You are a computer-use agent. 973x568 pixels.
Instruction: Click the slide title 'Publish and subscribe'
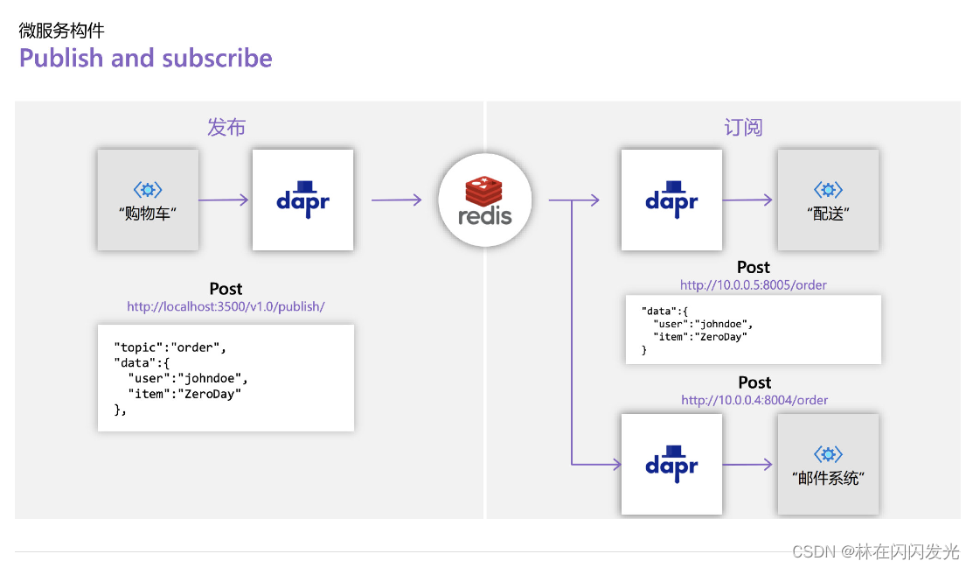pos(145,59)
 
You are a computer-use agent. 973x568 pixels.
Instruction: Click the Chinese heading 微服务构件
pos(62,31)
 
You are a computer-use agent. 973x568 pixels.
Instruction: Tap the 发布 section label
pos(226,128)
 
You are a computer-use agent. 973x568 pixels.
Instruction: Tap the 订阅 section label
pos(743,128)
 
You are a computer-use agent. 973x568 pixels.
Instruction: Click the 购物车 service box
pos(148,200)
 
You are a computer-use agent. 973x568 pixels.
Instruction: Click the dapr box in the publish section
pos(302,200)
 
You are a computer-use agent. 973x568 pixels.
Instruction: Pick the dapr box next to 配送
pos(671,200)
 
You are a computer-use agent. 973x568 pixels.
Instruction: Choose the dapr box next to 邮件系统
pos(671,464)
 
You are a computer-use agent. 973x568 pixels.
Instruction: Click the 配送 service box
pos(828,200)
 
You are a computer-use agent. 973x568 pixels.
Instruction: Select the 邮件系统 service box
pos(828,464)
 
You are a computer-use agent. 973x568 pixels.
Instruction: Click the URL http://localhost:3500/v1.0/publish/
pos(226,307)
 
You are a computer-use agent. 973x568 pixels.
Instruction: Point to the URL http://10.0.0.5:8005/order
pos(754,285)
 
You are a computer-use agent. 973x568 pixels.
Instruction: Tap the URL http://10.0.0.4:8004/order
pos(754,400)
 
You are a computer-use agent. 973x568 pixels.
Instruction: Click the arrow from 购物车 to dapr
pos(225,200)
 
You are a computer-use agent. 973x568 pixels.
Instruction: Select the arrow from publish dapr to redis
pos(396,200)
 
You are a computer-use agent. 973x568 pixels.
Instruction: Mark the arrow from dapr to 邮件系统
pos(748,465)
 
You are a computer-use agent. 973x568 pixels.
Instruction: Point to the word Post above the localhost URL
pos(226,289)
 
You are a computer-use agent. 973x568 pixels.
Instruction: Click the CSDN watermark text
pos(875,551)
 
